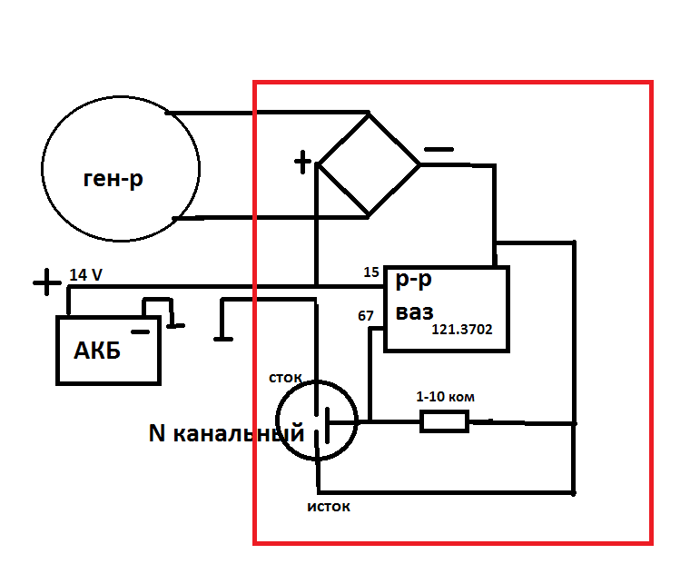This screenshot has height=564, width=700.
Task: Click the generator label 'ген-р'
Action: point(113,179)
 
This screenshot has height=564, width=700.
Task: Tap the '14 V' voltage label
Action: point(85,274)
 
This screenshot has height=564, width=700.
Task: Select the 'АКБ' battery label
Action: point(97,351)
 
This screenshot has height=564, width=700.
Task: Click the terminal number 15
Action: point(371,272)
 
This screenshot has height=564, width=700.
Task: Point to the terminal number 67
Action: point(365,316)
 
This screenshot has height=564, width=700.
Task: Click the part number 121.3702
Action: point(461,329)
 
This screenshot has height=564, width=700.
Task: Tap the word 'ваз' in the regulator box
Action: point(414,312)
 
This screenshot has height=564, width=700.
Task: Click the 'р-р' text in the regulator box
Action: point(413,281)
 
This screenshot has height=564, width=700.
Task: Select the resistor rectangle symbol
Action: point(444,422)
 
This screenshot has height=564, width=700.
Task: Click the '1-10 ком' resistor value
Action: point(445,397)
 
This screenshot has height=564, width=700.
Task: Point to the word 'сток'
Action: point(285,378)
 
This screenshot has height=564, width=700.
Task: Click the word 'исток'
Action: point(329,507)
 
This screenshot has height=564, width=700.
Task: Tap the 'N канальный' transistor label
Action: point(226,432)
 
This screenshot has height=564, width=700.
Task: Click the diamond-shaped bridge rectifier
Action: point(369,164)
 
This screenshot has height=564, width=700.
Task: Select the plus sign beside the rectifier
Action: point(302,162)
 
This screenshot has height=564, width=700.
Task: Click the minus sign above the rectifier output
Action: point(439,149)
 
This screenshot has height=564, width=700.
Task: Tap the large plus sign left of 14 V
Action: point(47,282)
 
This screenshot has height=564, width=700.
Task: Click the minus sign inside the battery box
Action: point(140,331)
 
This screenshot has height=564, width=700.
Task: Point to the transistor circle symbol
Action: point(317,421)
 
